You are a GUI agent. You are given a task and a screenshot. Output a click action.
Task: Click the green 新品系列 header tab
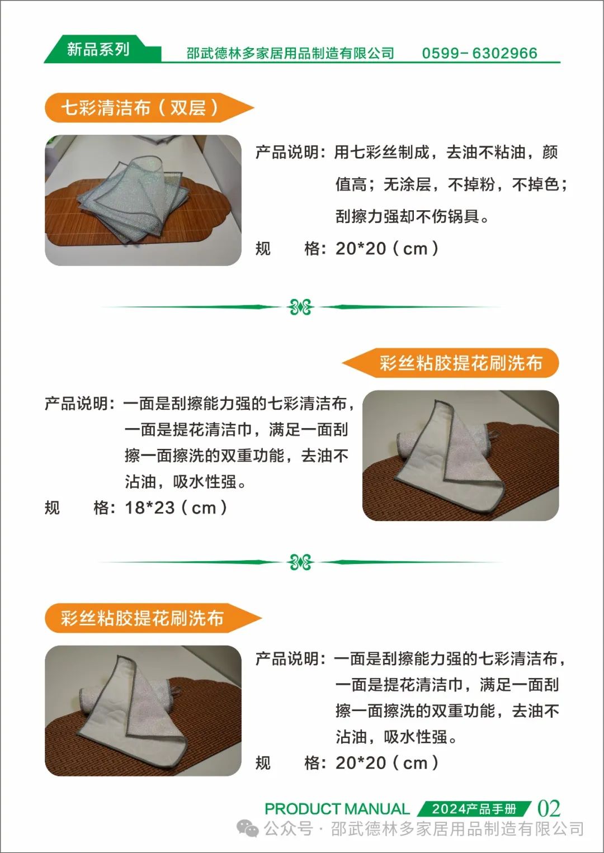pyautogui.click(x=99, y=49)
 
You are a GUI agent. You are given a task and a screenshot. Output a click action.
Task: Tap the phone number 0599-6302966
pyautogui.click(x=479, y=53)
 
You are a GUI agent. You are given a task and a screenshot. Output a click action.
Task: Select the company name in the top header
pyautogui.click(x=290, y=53)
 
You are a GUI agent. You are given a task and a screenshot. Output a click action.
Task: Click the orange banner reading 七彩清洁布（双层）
pyautogui.click(x=149, y=107)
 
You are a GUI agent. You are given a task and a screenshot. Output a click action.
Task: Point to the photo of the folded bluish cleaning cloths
pyautogui.click(x=143, y=200)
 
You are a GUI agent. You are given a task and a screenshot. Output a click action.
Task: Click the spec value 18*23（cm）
pyautogui.click(x=176, y=507)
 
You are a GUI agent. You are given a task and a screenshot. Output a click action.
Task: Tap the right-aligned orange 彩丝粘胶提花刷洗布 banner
pyautogui.click(x=450, y=363)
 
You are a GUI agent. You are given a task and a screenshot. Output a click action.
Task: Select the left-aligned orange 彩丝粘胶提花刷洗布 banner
pyautogui.click(x=153, y=618)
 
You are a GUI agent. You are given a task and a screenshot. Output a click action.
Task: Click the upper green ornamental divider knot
pyautogui.click(x=300, y=307)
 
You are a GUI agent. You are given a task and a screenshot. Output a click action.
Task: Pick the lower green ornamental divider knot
pyautogui.click(x=300, y=562)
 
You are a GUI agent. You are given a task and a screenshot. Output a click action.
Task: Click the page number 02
pyautogui.click(x=549, y=808)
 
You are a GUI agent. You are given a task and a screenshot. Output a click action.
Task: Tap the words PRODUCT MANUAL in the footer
pyautogui.click(x=337, y=809)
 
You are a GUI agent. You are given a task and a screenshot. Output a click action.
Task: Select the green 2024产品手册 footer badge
pyautogui.click(x=474, y=809)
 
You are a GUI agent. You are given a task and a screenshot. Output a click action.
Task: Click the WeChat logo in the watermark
pyautogui.click(x=248, y=829)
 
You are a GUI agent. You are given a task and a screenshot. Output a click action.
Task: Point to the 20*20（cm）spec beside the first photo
pyautogui.click(x=387, y=249)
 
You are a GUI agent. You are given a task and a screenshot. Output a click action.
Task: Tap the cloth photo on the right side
pyautogui.click(x=461, y=456)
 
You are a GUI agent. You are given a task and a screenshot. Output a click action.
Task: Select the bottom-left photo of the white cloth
pyautogui.click(x=143, y=710)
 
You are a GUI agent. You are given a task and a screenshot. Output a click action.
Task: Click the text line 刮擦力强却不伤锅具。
pyautogui.click(x=412, y=217)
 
